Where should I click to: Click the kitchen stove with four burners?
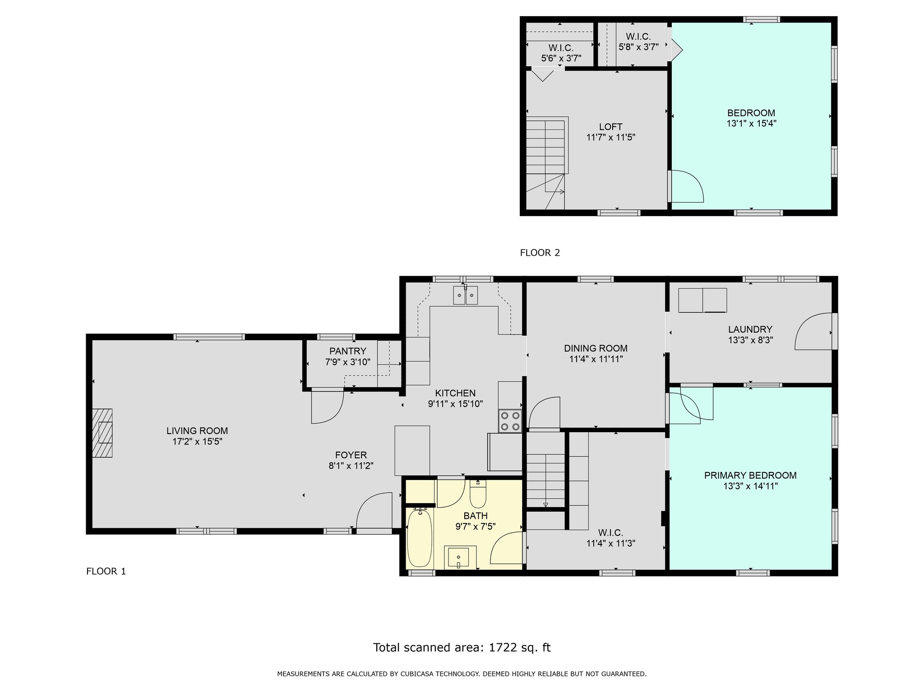click(510, 421)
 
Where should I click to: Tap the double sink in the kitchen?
click(465, 296)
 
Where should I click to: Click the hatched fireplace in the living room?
click(102, 433)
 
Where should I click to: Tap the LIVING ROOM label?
click(197, 431)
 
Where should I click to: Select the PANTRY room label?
click(348, 351)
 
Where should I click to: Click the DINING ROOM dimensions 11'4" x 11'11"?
click(596, 359)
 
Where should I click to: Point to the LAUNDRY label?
click(750, 329)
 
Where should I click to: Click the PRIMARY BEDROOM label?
click(750, 475)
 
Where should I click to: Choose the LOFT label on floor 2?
click(611, 127)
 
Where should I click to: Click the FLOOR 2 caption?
click(540, 253)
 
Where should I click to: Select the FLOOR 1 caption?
click(106, 571)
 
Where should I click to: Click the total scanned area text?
click(462, 648)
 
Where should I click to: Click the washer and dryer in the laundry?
click(702, 300)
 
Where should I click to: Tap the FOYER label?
click(351, 455)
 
